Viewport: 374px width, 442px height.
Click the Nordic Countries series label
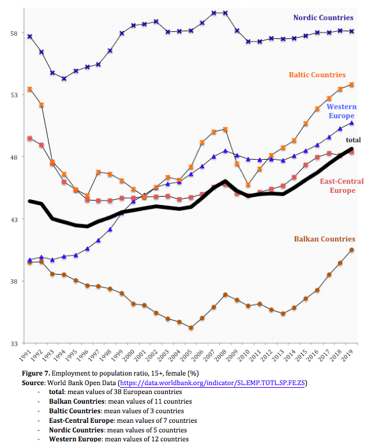coord(324,18)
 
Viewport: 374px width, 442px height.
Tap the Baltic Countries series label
coord(317,75)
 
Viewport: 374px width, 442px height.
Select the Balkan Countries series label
coord(325,239)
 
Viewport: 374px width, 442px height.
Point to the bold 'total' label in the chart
coord(353,140)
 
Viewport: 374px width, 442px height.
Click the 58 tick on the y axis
coord(14,33)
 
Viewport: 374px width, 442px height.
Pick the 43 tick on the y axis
coord(14,219)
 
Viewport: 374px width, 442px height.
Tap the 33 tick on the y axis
coord(14,344)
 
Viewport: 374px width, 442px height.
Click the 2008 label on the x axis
coord(221,355)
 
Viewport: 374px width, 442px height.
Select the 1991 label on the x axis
coord(25,355)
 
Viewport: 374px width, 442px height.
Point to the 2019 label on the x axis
coord(347,355)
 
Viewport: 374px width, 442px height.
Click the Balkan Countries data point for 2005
coord(191,328)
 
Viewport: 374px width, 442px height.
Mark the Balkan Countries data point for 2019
coord(352,250)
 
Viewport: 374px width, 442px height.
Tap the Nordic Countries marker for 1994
coord(64,79)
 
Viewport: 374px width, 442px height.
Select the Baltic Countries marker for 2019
coord(352,84)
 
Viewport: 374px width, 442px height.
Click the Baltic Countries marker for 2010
coord(248,185)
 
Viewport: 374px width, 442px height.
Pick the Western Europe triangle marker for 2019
coord(352,123)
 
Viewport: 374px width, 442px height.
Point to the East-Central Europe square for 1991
coord(30,139)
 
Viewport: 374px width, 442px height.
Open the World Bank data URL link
coord(213,383)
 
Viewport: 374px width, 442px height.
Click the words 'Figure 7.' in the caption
coord(36,373)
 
